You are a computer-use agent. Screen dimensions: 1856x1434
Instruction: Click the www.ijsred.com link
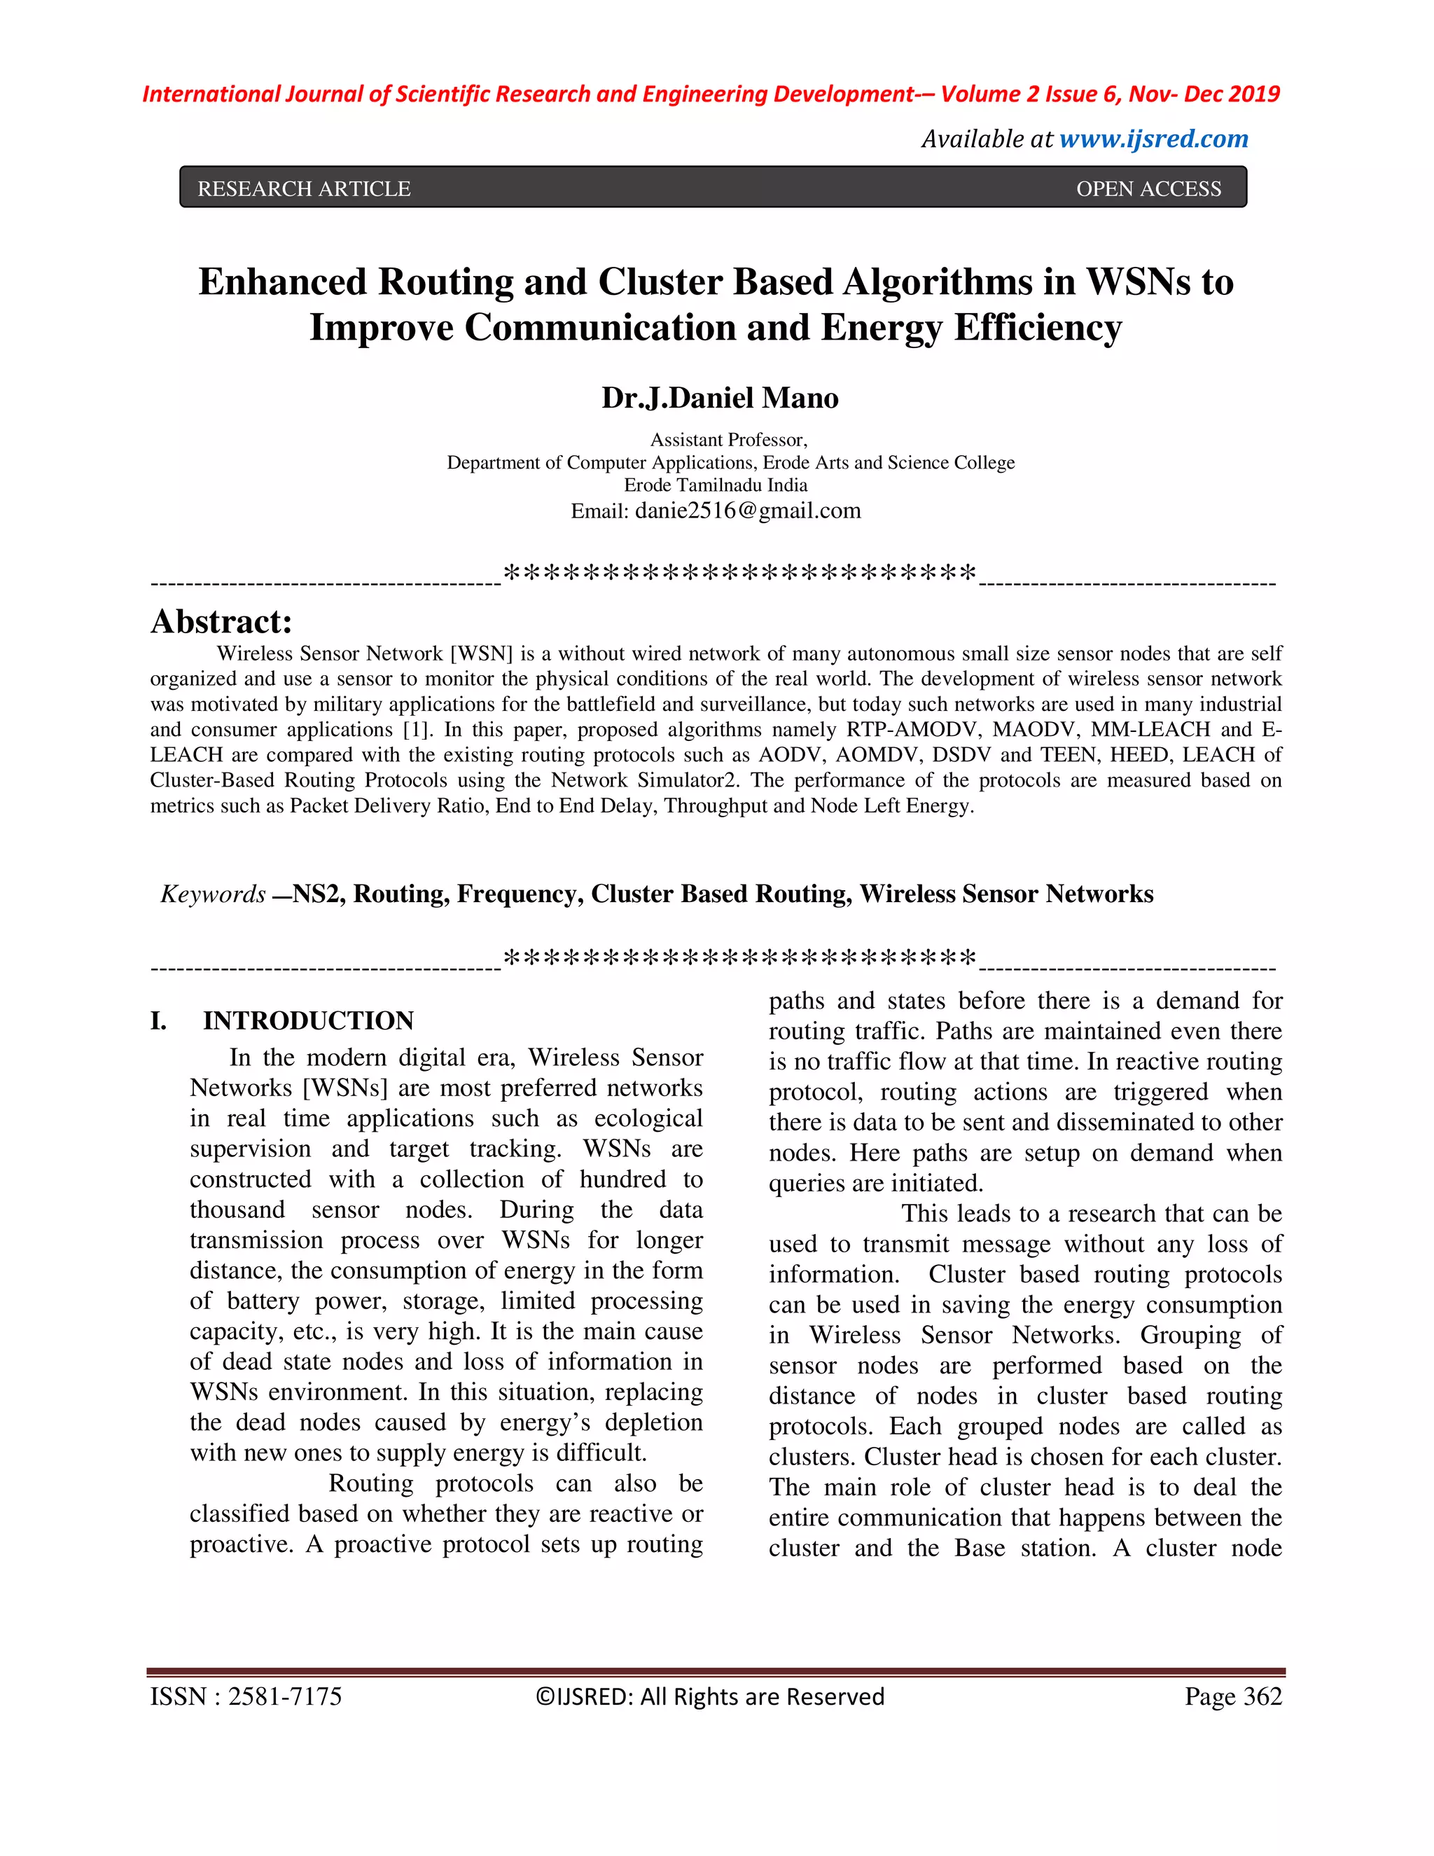click(1154, 139)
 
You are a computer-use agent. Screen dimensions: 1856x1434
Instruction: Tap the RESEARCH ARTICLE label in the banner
click(304, 188)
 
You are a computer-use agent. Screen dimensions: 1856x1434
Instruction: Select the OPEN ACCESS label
click(1148, 188)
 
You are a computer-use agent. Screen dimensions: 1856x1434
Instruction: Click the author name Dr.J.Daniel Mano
click(720, 398)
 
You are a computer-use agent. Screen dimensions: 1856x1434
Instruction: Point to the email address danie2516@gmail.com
click(748, 511)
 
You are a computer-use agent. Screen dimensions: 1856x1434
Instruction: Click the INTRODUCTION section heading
click(308, 1020)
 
